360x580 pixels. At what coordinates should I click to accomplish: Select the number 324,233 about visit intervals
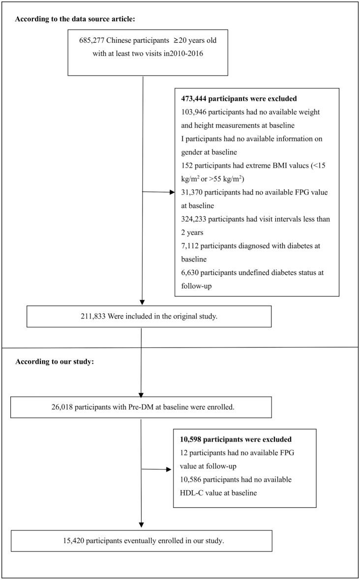pyautogui.click(x=196, y=220)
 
